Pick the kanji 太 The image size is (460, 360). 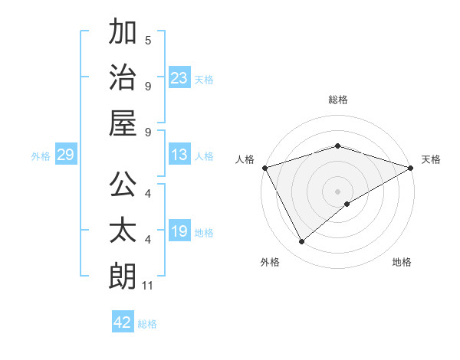pos(123,231)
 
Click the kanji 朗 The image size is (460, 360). pos(123,276)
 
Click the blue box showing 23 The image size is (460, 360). pos(179,77)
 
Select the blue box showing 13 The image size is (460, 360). pos(179,155)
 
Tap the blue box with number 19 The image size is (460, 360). pos(179,231)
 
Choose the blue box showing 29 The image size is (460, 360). pos(65,155)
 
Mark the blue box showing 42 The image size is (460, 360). pos(123,322)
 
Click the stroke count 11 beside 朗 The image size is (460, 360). pos(148,286)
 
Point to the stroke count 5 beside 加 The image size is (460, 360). pos(148,41)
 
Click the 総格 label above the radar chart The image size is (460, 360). pos(337,100)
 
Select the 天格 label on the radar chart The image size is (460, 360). pos(431,159)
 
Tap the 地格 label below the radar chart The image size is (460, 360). pos(402,262)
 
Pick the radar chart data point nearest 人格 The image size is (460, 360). pos(264,167)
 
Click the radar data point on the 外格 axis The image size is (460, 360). pos(301,242)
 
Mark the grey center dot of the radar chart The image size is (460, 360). pos(337,191)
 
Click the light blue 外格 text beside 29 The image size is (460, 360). pos(41,155)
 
